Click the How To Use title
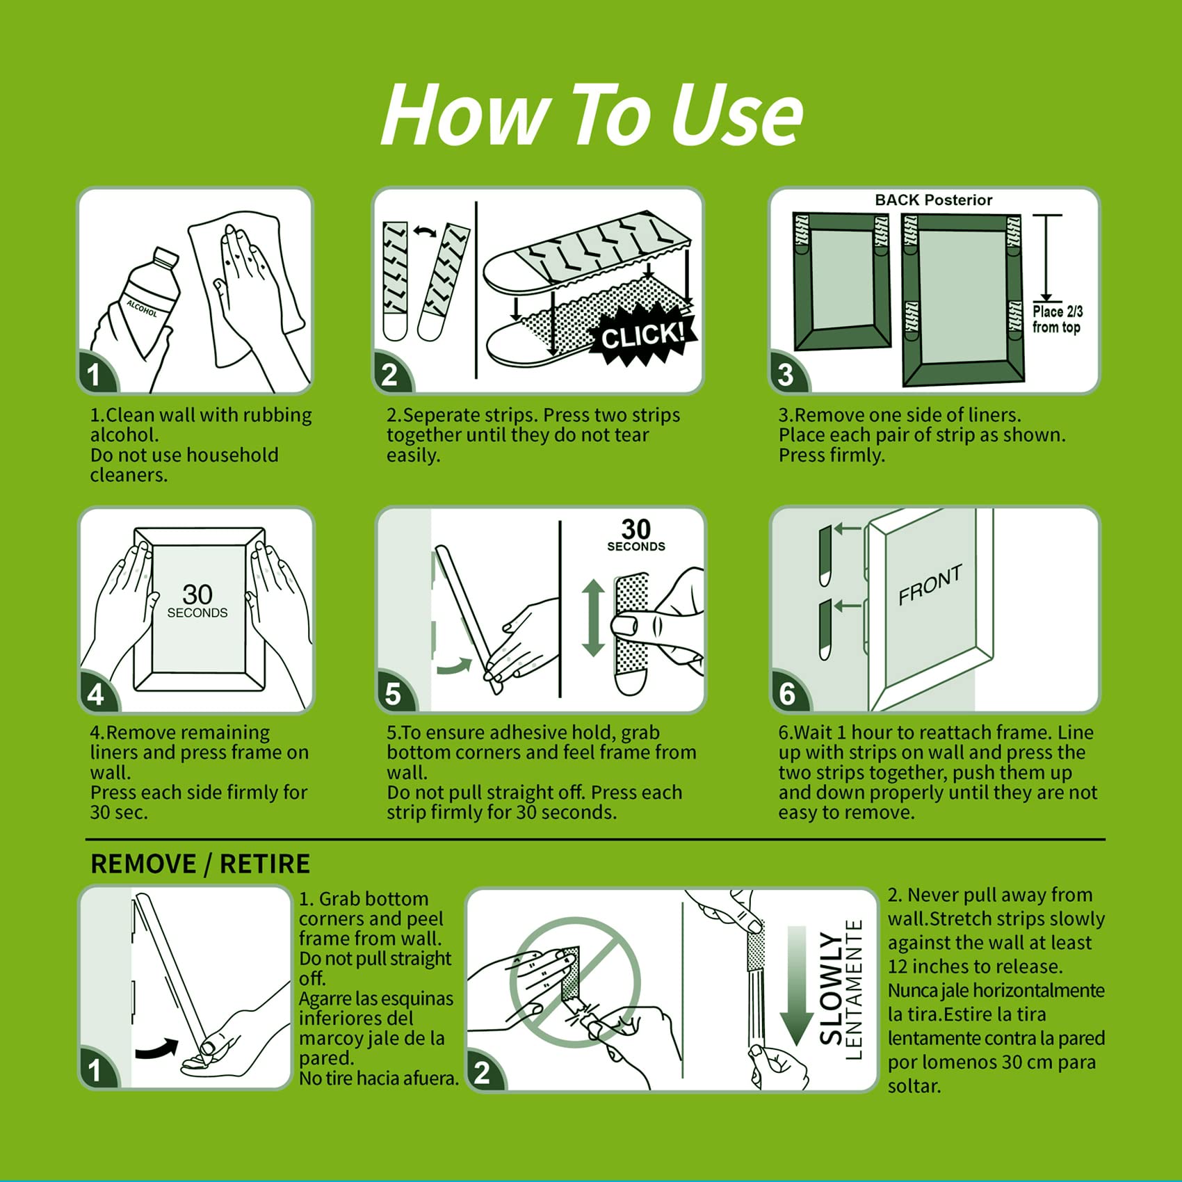click(x=592, y=115)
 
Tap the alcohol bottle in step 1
click(x=147, y=295)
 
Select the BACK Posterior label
click(x=933, y=200)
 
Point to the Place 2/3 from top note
click(x=1057, y=320)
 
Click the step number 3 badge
click(x=787, y=373)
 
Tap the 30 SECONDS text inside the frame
click(x=197, y=601)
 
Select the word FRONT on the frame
click(x=930, y=584)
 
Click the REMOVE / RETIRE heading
click(x=200, y=864)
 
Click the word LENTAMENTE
click(x=854, y=989)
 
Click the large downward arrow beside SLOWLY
click(x=797, y=986)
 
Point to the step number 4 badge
click(x=97, y=693)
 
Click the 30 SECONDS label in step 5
click(x=636, y=535)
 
